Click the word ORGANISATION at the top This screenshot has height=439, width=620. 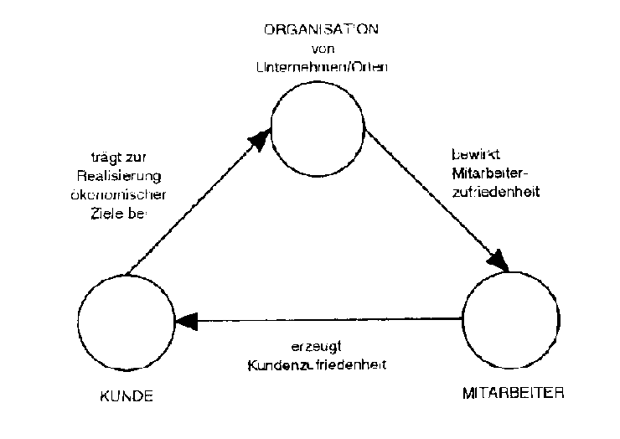321,29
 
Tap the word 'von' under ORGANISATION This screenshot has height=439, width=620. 321,48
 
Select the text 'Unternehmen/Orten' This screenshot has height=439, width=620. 320,66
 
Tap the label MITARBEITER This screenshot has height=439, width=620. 514,392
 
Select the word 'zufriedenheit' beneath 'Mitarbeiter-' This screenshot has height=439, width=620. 483,191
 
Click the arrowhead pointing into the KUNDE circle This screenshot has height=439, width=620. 184,320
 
